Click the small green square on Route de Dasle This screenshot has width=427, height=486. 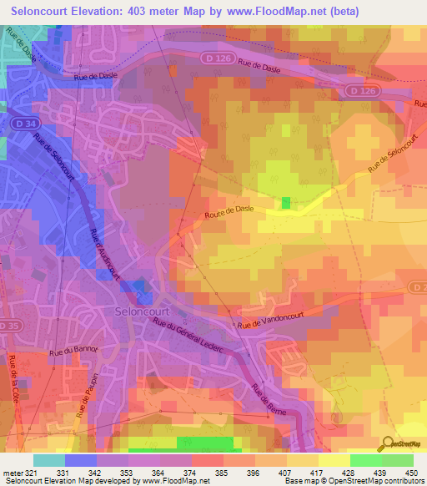286,203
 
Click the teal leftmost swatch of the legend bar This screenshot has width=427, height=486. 49,460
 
